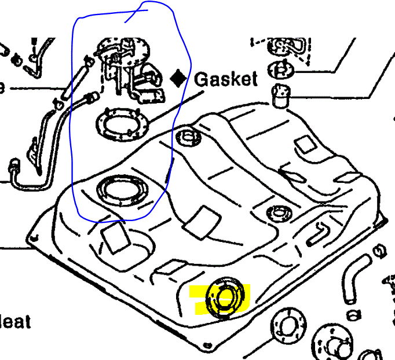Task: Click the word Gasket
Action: click(x=226, y=79)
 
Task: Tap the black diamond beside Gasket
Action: click(x=180, y=78)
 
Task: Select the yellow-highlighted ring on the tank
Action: click(x=225, y=297)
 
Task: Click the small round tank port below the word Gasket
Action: click(x=188, y=137)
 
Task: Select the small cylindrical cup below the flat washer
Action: click(x=281, y=95)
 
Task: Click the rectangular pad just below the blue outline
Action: click(x=114, y=237)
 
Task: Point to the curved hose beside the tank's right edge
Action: click(x=352, y=282)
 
